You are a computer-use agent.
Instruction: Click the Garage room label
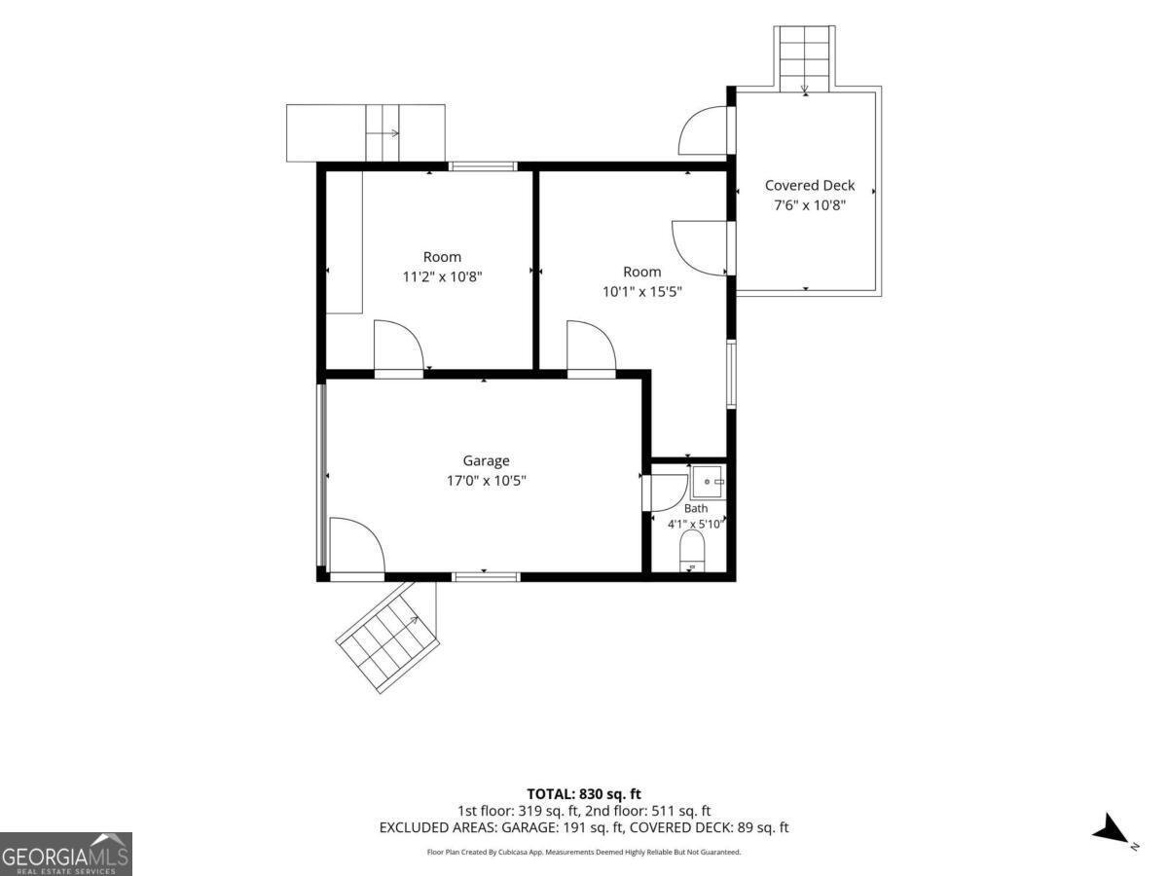click(x=486, y=460)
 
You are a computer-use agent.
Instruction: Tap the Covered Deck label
click(x=810, y=185)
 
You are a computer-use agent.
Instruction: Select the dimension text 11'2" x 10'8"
click(x=442, y=276)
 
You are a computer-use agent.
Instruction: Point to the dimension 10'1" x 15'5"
click(x=641, y=291)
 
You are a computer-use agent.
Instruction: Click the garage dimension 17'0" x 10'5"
click(x=486, y=481)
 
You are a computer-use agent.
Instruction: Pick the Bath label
click(x=696, y=508)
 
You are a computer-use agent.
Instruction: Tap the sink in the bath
click(x=708, y=483)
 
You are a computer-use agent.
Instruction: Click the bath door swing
click(x=669, y=493)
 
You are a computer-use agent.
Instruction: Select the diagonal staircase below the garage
click(x=388, y=636)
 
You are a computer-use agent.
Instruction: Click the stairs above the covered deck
click(x=805, y=58)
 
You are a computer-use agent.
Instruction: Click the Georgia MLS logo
click(x=66, y=855)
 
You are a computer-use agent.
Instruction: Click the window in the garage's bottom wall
click(x=487, y=576)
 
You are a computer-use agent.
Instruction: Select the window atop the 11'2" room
click(x=483, y=166)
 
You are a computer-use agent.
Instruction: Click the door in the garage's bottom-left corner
click(x=356, y=548)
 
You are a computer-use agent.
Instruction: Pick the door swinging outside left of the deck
click(x=704, y=130)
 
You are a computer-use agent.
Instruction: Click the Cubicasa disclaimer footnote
click(x=584, y=852)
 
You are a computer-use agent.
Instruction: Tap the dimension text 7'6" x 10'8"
click(x=810, y=205)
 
